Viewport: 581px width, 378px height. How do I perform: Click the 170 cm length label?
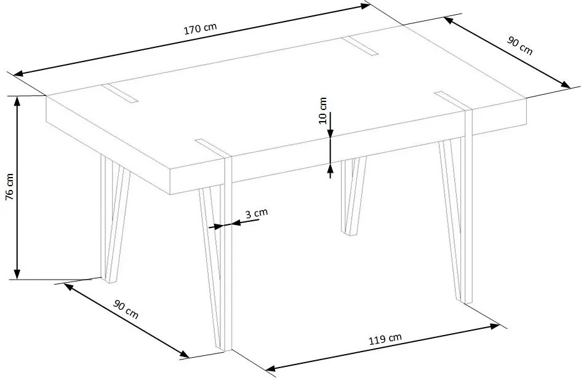coord(200,28)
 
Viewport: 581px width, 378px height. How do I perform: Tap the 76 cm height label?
coord(10,187)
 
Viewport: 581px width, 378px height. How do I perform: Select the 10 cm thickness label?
coord(323,111)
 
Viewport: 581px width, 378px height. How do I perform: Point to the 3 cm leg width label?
coord(257,213)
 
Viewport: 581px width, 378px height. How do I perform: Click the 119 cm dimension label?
coord(385,339)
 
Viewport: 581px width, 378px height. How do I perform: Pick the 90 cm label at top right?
coord(519,46)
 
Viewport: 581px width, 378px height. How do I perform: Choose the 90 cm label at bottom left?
coord(126,309)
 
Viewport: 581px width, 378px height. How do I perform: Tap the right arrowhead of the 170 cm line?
coord(365,6)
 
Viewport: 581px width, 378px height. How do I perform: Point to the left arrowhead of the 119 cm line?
coord(271,368)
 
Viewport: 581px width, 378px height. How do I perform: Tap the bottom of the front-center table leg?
coord(223,348)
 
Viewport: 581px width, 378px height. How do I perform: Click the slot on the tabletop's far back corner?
coord(360,45)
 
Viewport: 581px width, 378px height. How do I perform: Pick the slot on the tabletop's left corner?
coord(119,93)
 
